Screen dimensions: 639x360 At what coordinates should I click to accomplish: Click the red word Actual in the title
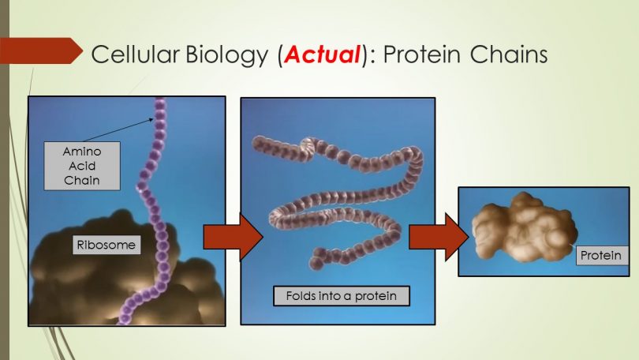[x=323, y=54]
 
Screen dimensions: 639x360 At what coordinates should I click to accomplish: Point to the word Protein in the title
[x=421, y=54]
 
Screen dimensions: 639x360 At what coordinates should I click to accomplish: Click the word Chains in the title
[x=509, y=54]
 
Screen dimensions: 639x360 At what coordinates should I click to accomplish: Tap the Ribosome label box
[x=106, y=245]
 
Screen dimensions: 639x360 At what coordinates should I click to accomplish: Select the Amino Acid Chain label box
[x=82, y=166]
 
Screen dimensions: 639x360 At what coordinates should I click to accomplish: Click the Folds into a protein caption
[x=342, y=296]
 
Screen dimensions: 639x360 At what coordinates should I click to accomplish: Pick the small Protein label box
[x=602, y=256]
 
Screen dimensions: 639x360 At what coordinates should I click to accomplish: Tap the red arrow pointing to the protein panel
[x=439, y=238]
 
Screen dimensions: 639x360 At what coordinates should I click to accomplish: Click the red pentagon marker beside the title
[x=41, y=51]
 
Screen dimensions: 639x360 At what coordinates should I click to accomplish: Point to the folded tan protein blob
[x=524, y=228]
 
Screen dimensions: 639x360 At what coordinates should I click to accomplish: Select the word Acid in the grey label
[x=82, y=166]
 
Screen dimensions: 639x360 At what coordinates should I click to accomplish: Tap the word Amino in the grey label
[x=82, y=152]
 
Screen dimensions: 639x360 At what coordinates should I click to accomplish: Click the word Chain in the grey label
[x=82, y=180]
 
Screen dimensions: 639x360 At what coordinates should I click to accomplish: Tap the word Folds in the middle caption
[x=300, y=295]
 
